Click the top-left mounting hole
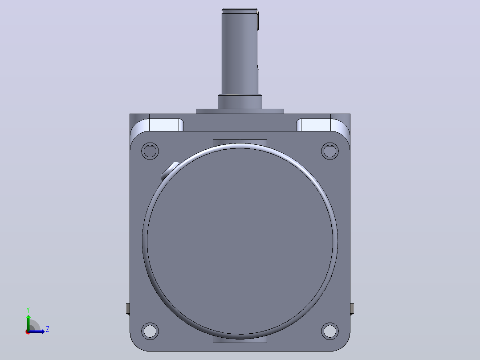(x=150, y=151)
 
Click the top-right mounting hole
(x=330, y=151)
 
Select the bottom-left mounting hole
(x=150, y=331)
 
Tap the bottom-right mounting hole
(x=330, y=331)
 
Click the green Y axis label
(x=28, y=310)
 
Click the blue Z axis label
(x=48, y=329)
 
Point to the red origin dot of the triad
(x=28, y=332)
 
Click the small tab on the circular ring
(x=170, y=171)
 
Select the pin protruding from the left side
(x=128, y=309)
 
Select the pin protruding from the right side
(x=352, y=309)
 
